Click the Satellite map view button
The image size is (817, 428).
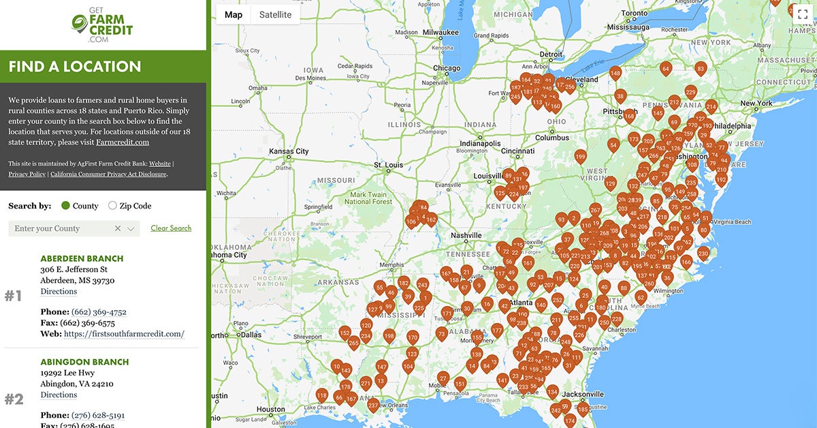click(275, 14)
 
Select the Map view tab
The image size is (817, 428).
click(233, 14)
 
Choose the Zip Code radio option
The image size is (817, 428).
click(112, 206)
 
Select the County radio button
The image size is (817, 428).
click(65, 206)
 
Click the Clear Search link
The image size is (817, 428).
click(171, 228)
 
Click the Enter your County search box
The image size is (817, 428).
click(61, 228)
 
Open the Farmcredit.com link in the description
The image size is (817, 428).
click(123, 142)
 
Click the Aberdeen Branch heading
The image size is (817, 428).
click(82, 258)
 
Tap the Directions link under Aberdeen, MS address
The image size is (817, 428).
click(59, 292)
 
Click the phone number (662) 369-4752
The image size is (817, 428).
click(99, 312)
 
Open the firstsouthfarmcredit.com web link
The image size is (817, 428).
click(124, 334)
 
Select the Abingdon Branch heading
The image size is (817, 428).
click(84, 362)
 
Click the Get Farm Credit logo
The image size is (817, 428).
click(102, 26)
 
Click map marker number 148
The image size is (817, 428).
click(615, 72)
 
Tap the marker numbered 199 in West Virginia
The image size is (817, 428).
click(580, 157)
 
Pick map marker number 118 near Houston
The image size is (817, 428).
click(322, 395)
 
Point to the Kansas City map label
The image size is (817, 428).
click(289, 151)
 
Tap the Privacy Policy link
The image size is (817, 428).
click(27, 174)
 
